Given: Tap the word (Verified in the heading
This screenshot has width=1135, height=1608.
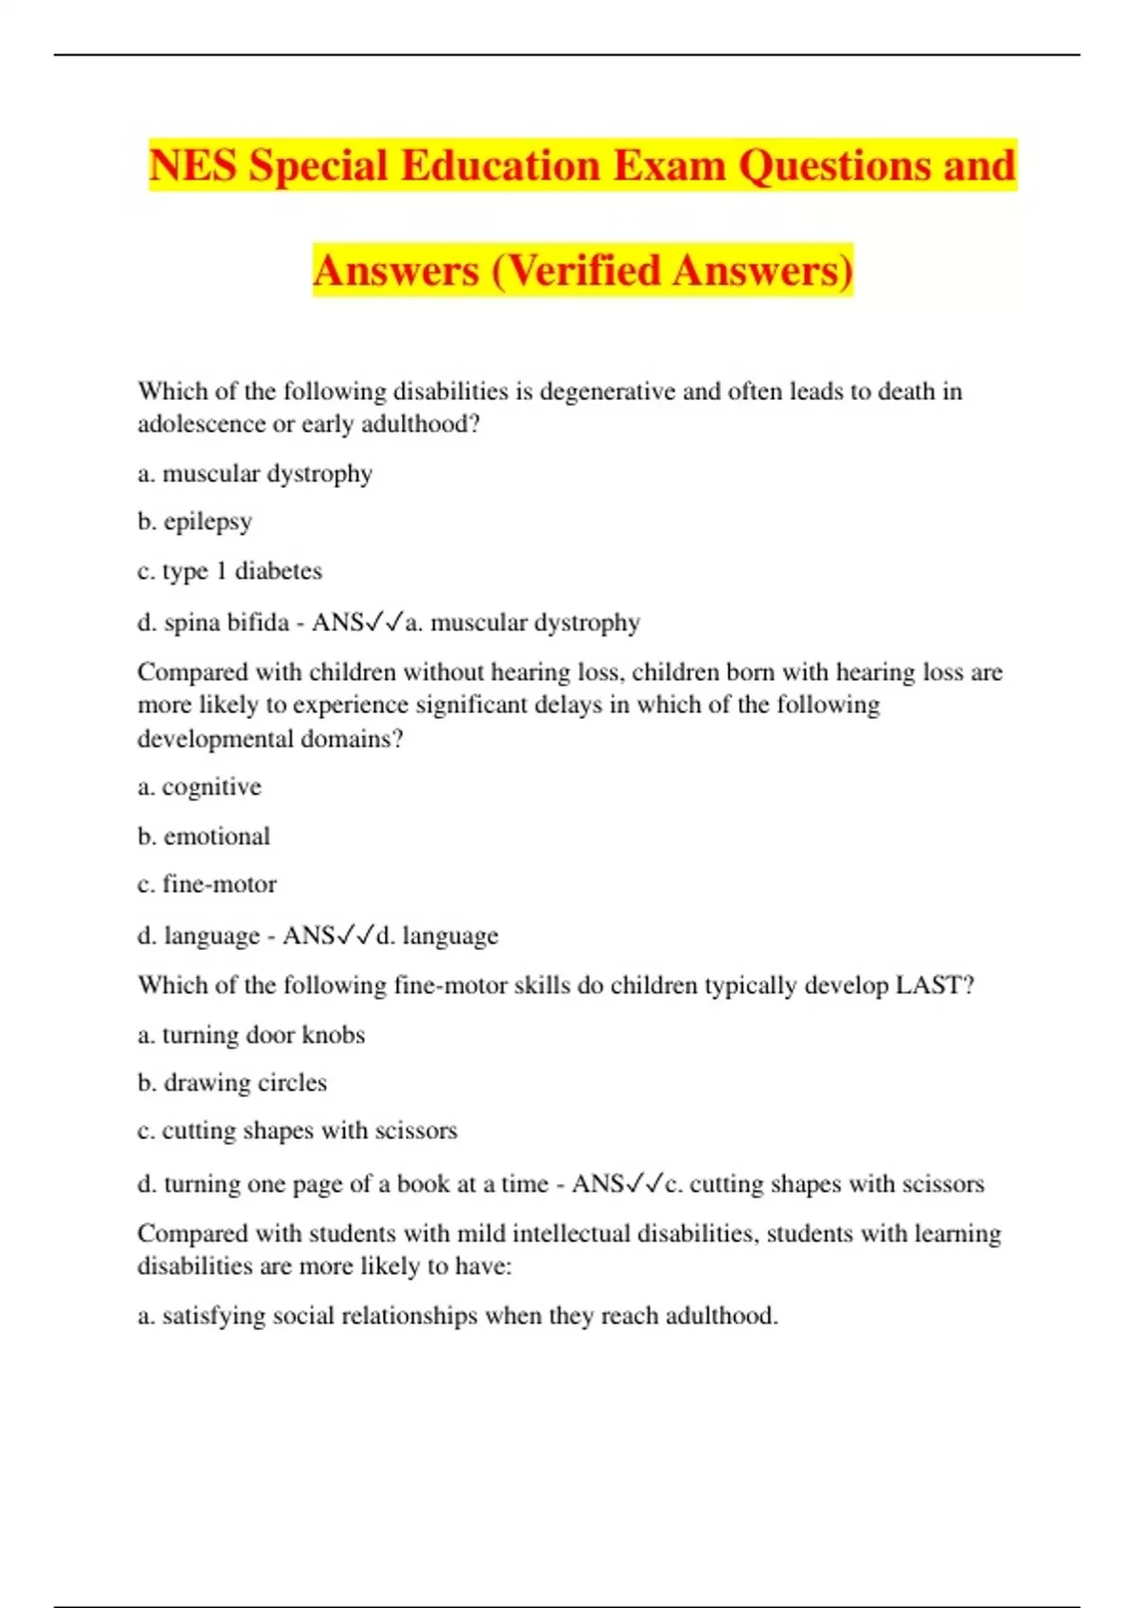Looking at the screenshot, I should coord(577,271).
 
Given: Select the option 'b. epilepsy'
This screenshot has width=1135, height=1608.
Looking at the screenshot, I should coord(195,522).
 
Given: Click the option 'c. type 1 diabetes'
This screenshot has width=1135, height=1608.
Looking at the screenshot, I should coord(230,571).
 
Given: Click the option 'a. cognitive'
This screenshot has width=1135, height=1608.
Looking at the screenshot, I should coord(200,787).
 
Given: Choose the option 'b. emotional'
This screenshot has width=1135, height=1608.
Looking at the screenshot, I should coord(203,836).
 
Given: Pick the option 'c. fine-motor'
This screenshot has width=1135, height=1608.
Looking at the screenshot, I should coord(207,884).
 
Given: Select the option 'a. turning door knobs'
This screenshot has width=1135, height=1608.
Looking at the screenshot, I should coord(251,1035).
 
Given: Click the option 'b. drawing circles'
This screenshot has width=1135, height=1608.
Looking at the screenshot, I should coord(232,1083).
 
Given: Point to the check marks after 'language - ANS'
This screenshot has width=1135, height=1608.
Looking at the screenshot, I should coord(356,935).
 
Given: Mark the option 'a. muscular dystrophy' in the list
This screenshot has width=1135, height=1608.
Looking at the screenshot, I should coord(254,474).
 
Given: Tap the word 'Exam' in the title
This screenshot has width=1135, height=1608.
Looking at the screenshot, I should coord(670,166).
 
